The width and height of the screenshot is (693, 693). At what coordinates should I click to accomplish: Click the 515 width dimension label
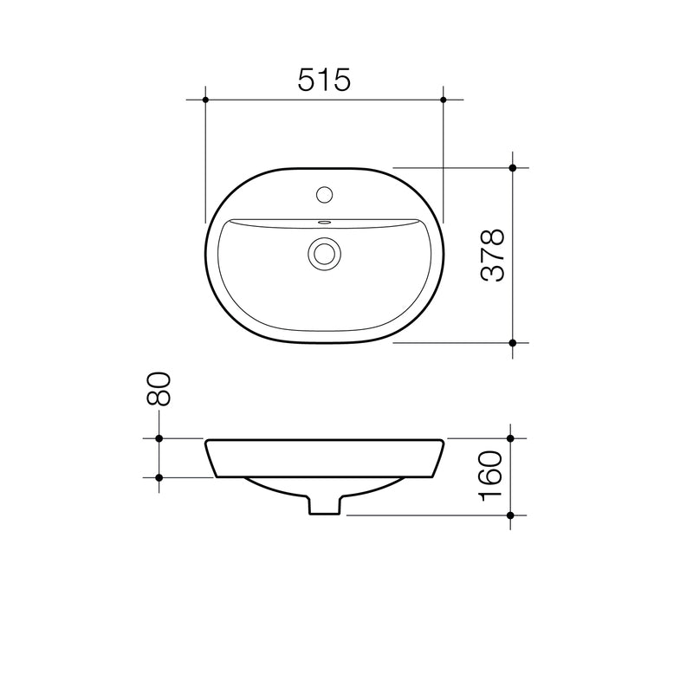click(324, 80)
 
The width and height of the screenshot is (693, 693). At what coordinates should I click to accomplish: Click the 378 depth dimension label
click(492, 256)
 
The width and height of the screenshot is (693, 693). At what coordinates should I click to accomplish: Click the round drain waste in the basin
click(325, 253)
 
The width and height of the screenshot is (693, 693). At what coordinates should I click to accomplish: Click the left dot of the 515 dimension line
click(205, 100)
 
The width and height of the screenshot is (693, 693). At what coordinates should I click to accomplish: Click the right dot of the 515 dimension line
click(444, 100)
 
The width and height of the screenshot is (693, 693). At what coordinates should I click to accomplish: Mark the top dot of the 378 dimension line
click(512, 167)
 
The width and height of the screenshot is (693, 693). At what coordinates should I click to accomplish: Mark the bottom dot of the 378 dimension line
click(512, 343)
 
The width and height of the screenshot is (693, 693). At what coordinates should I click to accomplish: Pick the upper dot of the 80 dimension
click(159, 439)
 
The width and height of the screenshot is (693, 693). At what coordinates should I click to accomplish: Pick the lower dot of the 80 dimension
click(159, 477)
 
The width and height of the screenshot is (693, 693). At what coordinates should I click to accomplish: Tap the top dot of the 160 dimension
click(511, 439)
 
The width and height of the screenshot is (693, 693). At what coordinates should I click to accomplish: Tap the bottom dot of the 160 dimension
click(511, 515)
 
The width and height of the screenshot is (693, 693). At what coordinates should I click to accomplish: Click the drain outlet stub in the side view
click(325, 505)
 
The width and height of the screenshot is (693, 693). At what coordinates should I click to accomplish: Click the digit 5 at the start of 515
click(307, 80)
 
